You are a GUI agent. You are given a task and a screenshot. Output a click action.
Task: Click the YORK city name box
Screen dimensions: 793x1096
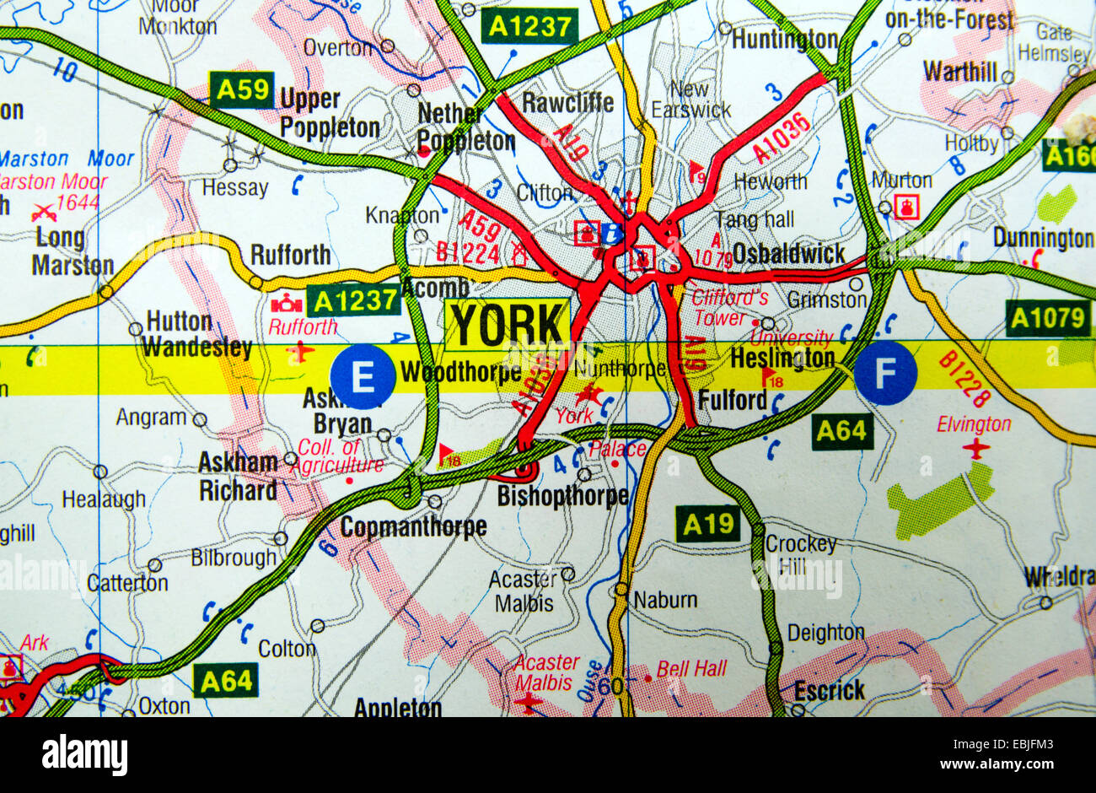coord(507,324)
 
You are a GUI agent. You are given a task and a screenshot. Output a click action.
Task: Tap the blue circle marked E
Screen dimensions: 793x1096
coord(363,376)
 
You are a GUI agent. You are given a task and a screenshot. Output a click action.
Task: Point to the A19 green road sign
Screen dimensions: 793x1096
coord(709,525)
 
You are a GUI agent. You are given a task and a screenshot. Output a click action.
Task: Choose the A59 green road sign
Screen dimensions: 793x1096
coord(242,90)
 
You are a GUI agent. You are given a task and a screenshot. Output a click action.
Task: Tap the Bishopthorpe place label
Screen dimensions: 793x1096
coord(562,496)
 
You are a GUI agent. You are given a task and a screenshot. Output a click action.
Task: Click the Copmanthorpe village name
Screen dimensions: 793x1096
coord(413,527)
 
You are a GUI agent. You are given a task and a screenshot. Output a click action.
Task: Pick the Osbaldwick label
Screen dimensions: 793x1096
coord(788,254)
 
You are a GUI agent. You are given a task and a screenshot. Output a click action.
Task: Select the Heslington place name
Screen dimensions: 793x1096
coord(782,359)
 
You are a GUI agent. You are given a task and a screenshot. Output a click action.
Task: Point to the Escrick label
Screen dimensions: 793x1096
coord(829,691)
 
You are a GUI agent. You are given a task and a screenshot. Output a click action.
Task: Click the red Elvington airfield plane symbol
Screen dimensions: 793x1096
coord(976,448)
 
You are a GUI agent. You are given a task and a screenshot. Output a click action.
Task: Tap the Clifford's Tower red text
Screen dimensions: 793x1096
coord(729,308)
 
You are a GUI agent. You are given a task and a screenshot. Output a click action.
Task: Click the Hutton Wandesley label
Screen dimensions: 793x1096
coord(196,334)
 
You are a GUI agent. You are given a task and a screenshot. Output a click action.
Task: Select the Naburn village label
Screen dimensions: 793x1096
coord(665,600)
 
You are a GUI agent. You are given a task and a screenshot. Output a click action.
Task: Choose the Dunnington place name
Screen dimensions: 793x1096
coord(1042,238)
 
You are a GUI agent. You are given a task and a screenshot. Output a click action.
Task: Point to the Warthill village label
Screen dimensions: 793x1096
coord(959,72)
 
